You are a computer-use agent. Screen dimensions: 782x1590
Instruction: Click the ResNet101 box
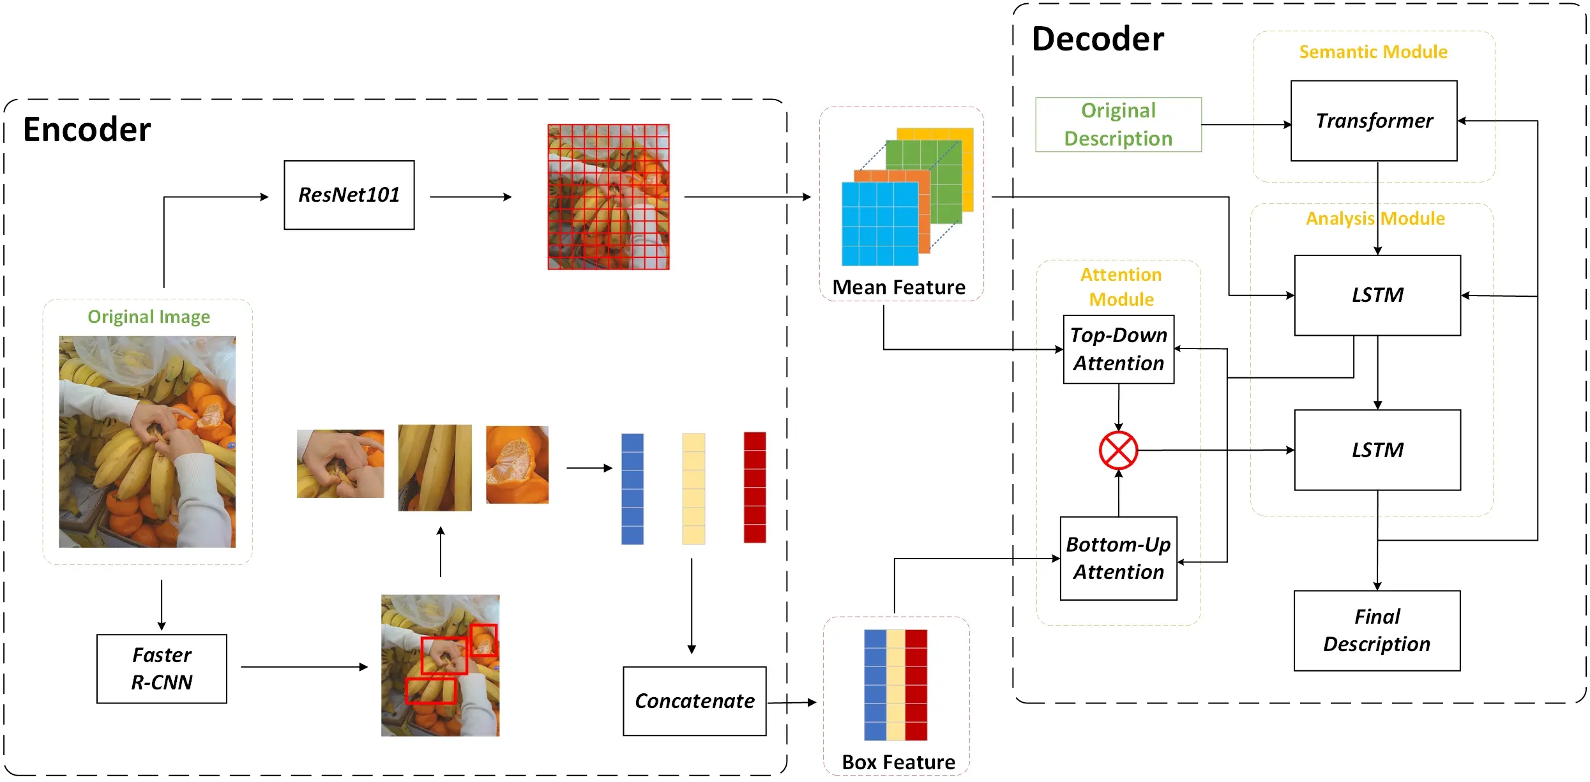tap(349, 195)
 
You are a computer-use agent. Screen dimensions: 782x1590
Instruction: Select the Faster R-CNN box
tap(162, 668)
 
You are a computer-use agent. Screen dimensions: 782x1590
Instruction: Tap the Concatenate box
tap(694, 701)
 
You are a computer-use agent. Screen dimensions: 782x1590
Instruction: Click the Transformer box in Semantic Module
tap(1374, 121)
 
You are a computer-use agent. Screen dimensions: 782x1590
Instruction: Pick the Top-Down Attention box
tap(1118, 349)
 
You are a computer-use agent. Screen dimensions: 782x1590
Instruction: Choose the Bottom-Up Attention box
tap(1118, 558)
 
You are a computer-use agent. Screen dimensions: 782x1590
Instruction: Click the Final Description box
tap(1377, 630)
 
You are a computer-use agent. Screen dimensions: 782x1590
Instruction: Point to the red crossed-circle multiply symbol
tap(1118, 450)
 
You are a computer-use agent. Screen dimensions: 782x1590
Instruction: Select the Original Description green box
tap(1118, 124)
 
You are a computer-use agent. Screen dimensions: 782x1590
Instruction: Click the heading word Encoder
tap(87, 130)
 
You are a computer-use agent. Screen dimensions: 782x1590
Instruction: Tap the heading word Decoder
tap(1097, 39)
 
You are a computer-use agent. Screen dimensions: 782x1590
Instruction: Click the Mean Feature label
tap(898, 287)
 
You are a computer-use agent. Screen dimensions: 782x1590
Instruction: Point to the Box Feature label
tap(898, 762)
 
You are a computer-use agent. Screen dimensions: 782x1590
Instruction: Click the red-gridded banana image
tap(608, 197)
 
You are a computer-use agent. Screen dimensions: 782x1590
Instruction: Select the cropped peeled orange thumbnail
tap(517, 464)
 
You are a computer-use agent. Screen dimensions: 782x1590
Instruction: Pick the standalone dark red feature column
tap(754, 487)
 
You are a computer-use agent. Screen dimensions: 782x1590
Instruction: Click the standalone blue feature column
tap(632, 488)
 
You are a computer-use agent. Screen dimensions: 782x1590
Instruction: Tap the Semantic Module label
tap(1373, 52)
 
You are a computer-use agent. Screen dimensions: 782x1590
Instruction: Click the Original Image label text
tap(149, 317)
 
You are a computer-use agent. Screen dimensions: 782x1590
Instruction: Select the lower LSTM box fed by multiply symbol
tap(1377, 450)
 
